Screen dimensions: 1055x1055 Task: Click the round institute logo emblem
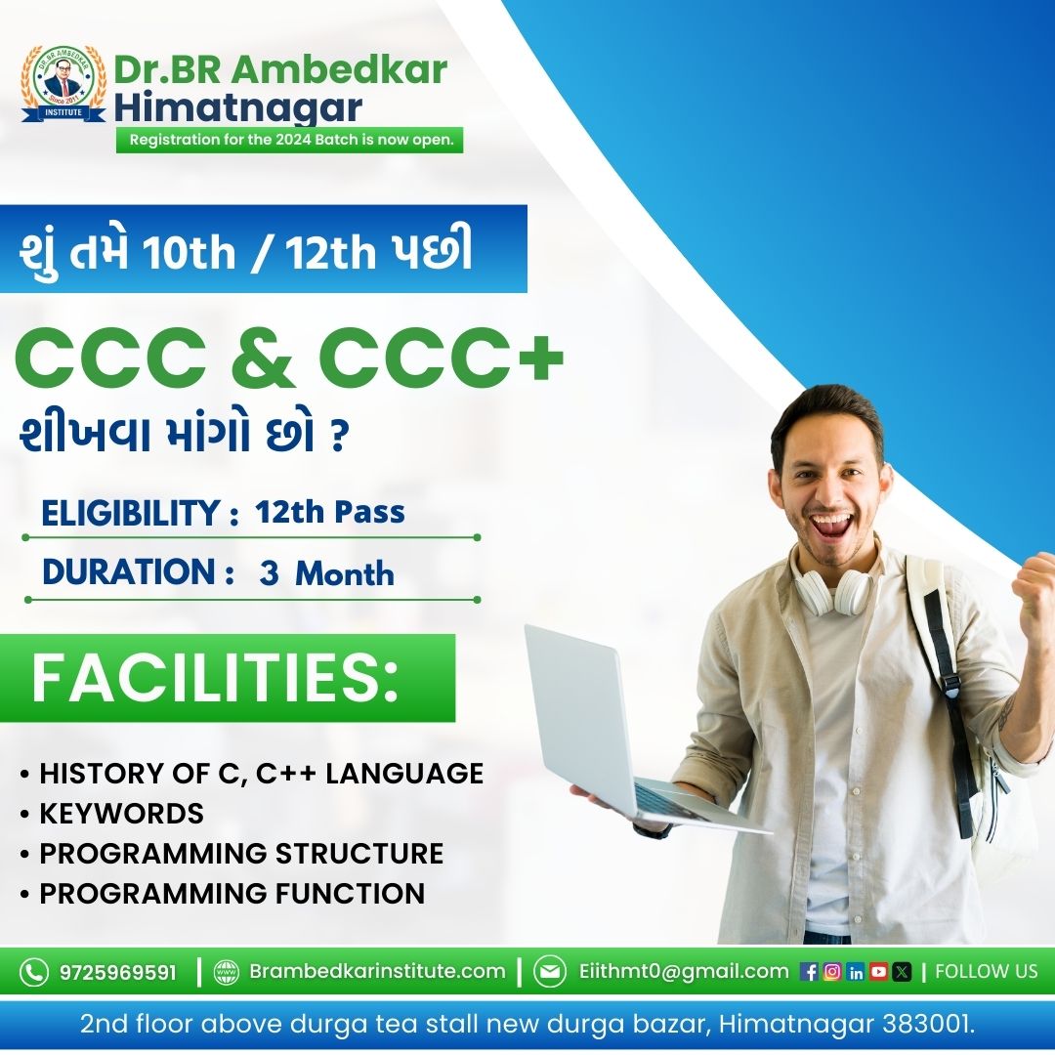pyautogui.click(x=63, y=83)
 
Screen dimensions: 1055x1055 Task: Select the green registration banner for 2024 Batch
pyautogui.click(x=290, y=140)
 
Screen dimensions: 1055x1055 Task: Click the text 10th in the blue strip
pyautogui.click(x=189, y=252)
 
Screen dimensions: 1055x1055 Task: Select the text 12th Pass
pyautogui.click(x=330, y=512)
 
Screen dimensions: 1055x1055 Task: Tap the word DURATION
pyautogui.click(x=129, y=571)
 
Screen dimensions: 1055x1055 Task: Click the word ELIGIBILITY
pyautogui.click(x=131, y=513)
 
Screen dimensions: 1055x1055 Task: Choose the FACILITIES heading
pyautogui.click(x=215, y=678)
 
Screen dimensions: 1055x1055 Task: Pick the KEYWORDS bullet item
pyautogui.click(x=121, y=814)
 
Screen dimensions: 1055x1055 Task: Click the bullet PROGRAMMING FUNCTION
pyautogui.click(x=232, y=894)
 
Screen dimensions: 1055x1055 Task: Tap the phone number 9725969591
pyautogui.click(x=118, y=972)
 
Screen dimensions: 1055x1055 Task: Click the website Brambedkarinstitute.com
pyautogui.click(x=377, y=971)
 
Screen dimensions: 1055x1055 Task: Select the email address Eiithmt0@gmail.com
pyautogui.click(x=684, y=971)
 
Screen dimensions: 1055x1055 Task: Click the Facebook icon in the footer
pyautogui.click(x=810, y=972)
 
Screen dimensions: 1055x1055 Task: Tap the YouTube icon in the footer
pyautogui.click(x=879, y=972)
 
